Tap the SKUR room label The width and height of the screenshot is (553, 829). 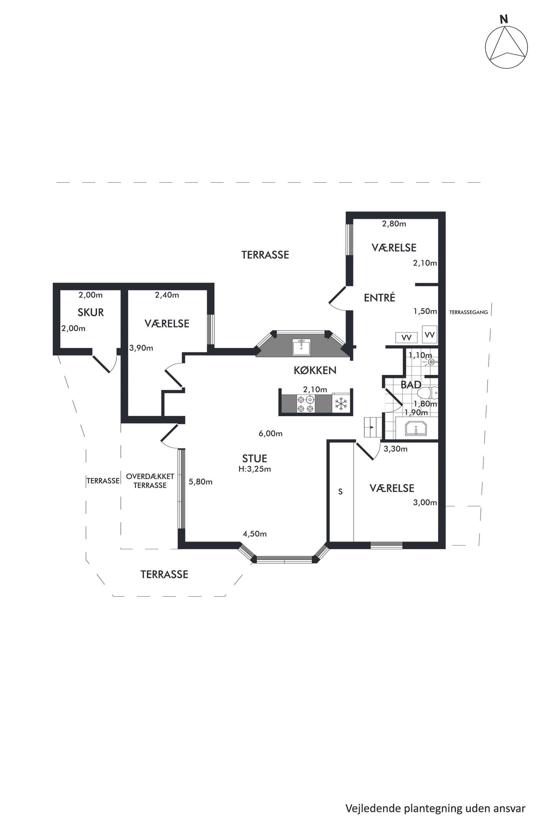coord(91,312)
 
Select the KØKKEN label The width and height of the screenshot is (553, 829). coord(315,370)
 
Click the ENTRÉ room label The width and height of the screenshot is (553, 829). coord(379,298)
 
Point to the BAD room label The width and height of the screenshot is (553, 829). coord(411,384)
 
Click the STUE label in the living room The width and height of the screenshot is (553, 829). coord(255,458)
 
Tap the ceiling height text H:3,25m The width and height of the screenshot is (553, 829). coord(255,469)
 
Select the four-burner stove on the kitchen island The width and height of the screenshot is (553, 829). coord(305,404)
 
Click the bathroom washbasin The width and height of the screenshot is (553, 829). coord(416,428)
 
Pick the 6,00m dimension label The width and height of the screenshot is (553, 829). coord(270,433)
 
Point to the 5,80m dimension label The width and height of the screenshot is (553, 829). coord(200,482)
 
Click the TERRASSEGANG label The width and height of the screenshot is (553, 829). coord(468,312)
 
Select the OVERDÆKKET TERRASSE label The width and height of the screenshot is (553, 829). coord(150,481)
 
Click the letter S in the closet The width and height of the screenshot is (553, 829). coord(340,492)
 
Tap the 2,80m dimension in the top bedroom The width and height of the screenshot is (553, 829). coord(394,224)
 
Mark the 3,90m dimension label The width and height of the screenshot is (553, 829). coord(141,348)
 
